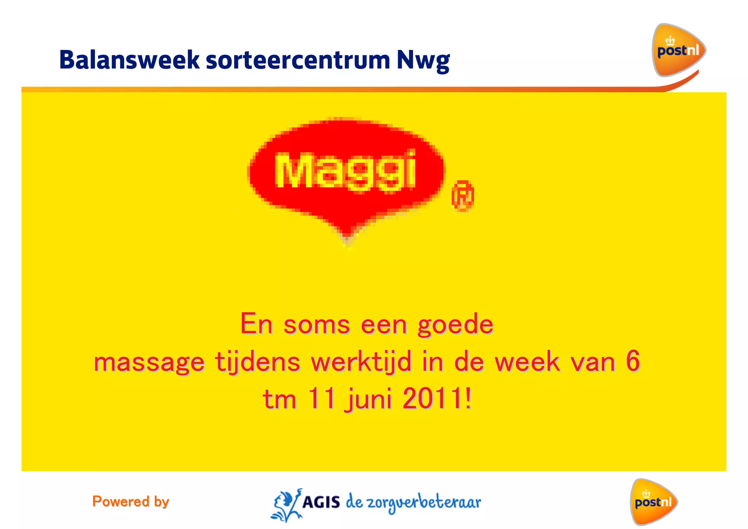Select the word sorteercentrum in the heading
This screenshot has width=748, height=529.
coord(298,60)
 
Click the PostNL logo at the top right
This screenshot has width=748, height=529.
coord(678,50)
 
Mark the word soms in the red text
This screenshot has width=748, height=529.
coord(317,324)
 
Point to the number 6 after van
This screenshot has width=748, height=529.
coord(633,361)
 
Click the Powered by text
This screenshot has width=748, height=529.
coord(131,502)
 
